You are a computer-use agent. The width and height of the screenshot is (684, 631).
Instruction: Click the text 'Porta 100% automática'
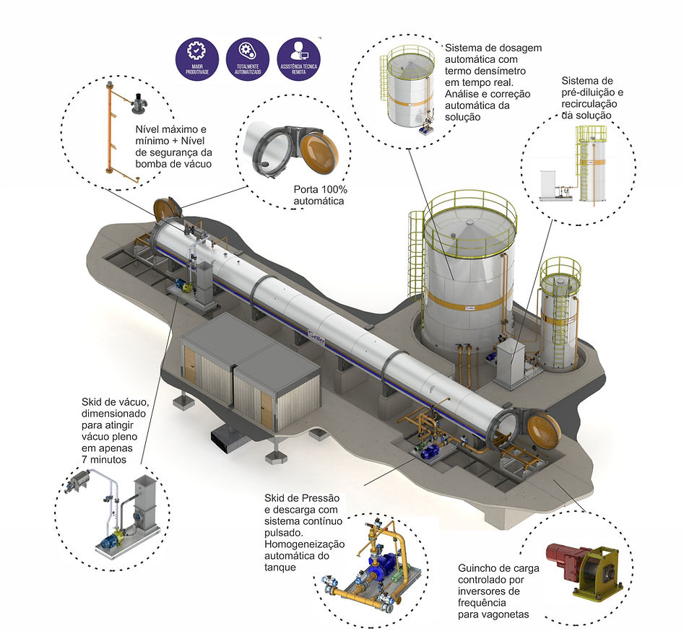tap(319, 196)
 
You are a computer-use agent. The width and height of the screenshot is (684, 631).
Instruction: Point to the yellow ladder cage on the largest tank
tap(417, 253)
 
